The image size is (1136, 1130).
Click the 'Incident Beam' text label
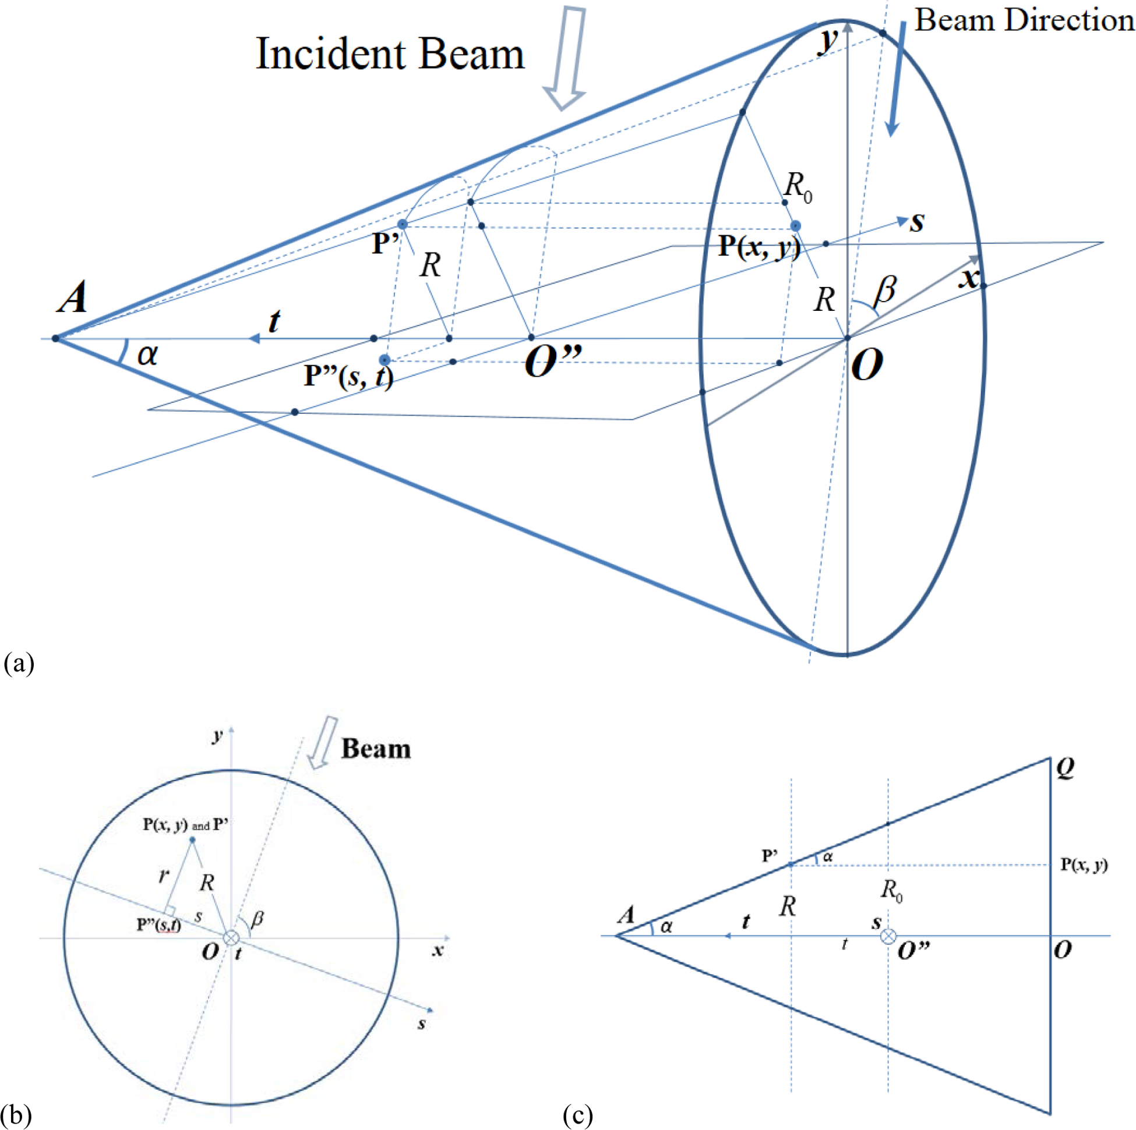coord(390,54)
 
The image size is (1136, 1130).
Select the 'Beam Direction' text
coord(1024,20)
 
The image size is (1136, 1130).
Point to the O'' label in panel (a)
coord(553,362)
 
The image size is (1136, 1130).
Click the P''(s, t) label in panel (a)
coord(348,376)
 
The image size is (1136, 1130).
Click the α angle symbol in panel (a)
coord(147,355)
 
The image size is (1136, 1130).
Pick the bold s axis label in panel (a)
coord(917,222)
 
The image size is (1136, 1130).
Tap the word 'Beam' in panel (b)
coord(376,749)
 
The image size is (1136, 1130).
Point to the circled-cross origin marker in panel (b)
coord(232,937)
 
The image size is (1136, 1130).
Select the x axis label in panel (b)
coord(438,951)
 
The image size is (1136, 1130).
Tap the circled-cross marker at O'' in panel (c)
coord(888,936)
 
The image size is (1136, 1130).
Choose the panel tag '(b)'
coord(16,1113)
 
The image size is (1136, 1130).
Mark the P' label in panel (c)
coord(770,856)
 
